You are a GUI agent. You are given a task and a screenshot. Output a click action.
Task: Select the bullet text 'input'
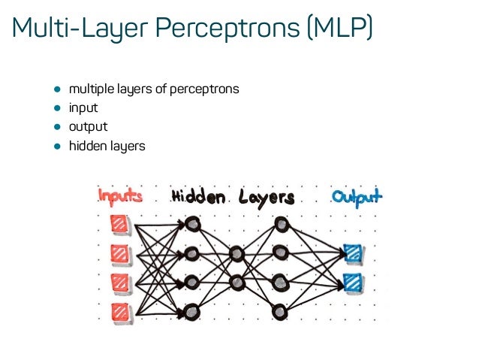83,107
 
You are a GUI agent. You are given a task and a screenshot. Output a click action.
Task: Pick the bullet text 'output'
88,126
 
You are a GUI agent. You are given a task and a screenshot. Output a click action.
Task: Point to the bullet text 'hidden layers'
107,145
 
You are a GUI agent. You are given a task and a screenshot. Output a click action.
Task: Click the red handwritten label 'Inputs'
120,198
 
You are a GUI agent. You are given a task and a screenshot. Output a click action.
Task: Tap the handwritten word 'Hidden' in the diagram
198,198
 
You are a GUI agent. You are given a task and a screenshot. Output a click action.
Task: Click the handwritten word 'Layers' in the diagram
267,198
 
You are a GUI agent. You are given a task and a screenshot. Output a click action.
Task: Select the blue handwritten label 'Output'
357,198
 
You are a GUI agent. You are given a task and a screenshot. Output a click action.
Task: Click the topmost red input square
119,223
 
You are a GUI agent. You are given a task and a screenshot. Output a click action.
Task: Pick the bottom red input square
119,311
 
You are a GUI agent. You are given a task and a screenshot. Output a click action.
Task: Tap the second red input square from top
119,253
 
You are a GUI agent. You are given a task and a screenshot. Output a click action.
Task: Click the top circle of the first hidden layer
191,223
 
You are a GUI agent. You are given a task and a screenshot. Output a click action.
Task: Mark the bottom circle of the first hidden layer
191,310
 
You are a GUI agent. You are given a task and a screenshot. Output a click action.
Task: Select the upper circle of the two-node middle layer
237,253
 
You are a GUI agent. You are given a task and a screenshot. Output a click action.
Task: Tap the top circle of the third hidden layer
281,223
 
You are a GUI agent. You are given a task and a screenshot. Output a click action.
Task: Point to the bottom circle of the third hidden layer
281,310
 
